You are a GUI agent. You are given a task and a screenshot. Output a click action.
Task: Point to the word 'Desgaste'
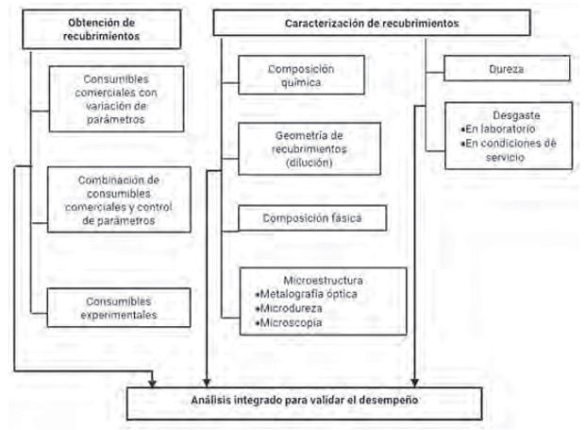point(516,115)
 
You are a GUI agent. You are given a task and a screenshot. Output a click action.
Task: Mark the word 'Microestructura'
point(323,281)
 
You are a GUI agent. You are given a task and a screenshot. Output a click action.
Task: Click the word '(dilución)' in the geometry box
point(310,163)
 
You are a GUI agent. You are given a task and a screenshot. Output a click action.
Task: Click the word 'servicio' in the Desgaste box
point(505,157)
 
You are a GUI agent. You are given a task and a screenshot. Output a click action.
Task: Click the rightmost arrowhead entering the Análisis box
point(414,383)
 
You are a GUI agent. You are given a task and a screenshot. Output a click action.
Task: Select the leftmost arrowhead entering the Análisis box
point(152,383)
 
